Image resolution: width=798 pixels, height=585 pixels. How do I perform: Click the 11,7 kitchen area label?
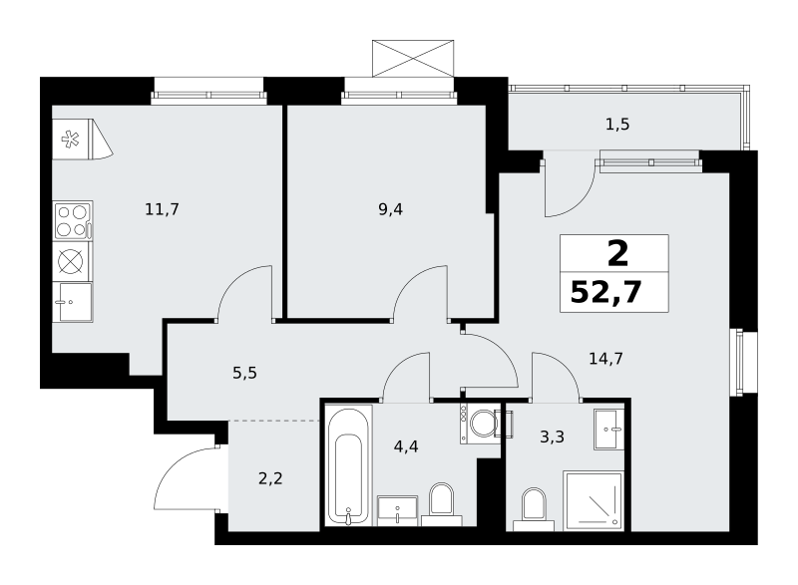click(162, 209)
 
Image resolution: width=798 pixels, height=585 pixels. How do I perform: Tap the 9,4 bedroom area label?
click(390, 209)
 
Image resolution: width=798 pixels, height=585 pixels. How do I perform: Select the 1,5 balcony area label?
click(617, 124)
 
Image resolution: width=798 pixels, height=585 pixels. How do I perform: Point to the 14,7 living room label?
click(605, 359)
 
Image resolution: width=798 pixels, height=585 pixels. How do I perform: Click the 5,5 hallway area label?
click(244, 373)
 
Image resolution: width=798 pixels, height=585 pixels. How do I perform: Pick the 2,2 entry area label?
click(270, 478)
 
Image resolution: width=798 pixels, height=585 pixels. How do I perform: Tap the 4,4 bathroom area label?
click(406, 446)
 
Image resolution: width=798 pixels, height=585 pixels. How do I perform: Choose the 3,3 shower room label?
click(552, 437)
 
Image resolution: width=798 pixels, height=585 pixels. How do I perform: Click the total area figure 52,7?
click(605, 292)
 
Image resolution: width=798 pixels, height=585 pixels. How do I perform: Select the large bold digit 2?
click(617, 254)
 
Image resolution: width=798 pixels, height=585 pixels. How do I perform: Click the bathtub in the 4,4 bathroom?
click(348, 465)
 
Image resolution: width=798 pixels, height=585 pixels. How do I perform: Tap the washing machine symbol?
click(481, 423)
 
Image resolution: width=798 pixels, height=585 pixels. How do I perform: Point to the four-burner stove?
click(73, 221)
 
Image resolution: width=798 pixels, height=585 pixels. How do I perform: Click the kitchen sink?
click(73, 302)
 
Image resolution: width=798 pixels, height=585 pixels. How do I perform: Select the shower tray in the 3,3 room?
click(593, 500)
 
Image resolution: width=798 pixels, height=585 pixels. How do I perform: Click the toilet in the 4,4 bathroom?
click(441, 504)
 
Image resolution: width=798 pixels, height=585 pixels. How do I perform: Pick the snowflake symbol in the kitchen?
click(70, 140)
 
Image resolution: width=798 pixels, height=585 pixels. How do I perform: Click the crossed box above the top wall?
click(413, 59)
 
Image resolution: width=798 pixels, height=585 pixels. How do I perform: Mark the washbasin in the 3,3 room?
click(608, 429)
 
